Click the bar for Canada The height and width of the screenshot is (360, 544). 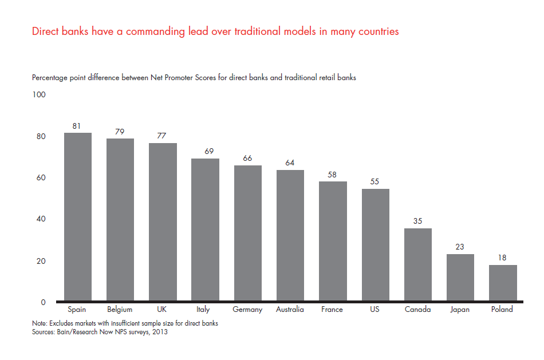[418, 264]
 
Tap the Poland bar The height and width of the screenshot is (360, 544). [503, 283]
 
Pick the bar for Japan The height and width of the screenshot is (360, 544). [460, 278]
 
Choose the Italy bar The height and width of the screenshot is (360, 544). [205, 230]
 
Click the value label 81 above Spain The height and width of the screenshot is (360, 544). [78, 125]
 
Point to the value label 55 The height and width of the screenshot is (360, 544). [375, 181]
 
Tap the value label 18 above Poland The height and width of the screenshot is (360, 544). [503, 258]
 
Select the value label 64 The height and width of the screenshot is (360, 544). [290, 163]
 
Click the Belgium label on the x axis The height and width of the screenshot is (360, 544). [120, 310]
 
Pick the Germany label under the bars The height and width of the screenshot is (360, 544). [247, 310]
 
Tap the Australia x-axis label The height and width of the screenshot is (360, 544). [290, 310]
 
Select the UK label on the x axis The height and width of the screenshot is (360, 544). [163, 310]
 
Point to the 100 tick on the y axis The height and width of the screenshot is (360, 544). [39, 94]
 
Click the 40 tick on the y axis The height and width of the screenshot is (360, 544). [41, 219]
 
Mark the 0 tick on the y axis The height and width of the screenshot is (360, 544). [44, 302]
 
